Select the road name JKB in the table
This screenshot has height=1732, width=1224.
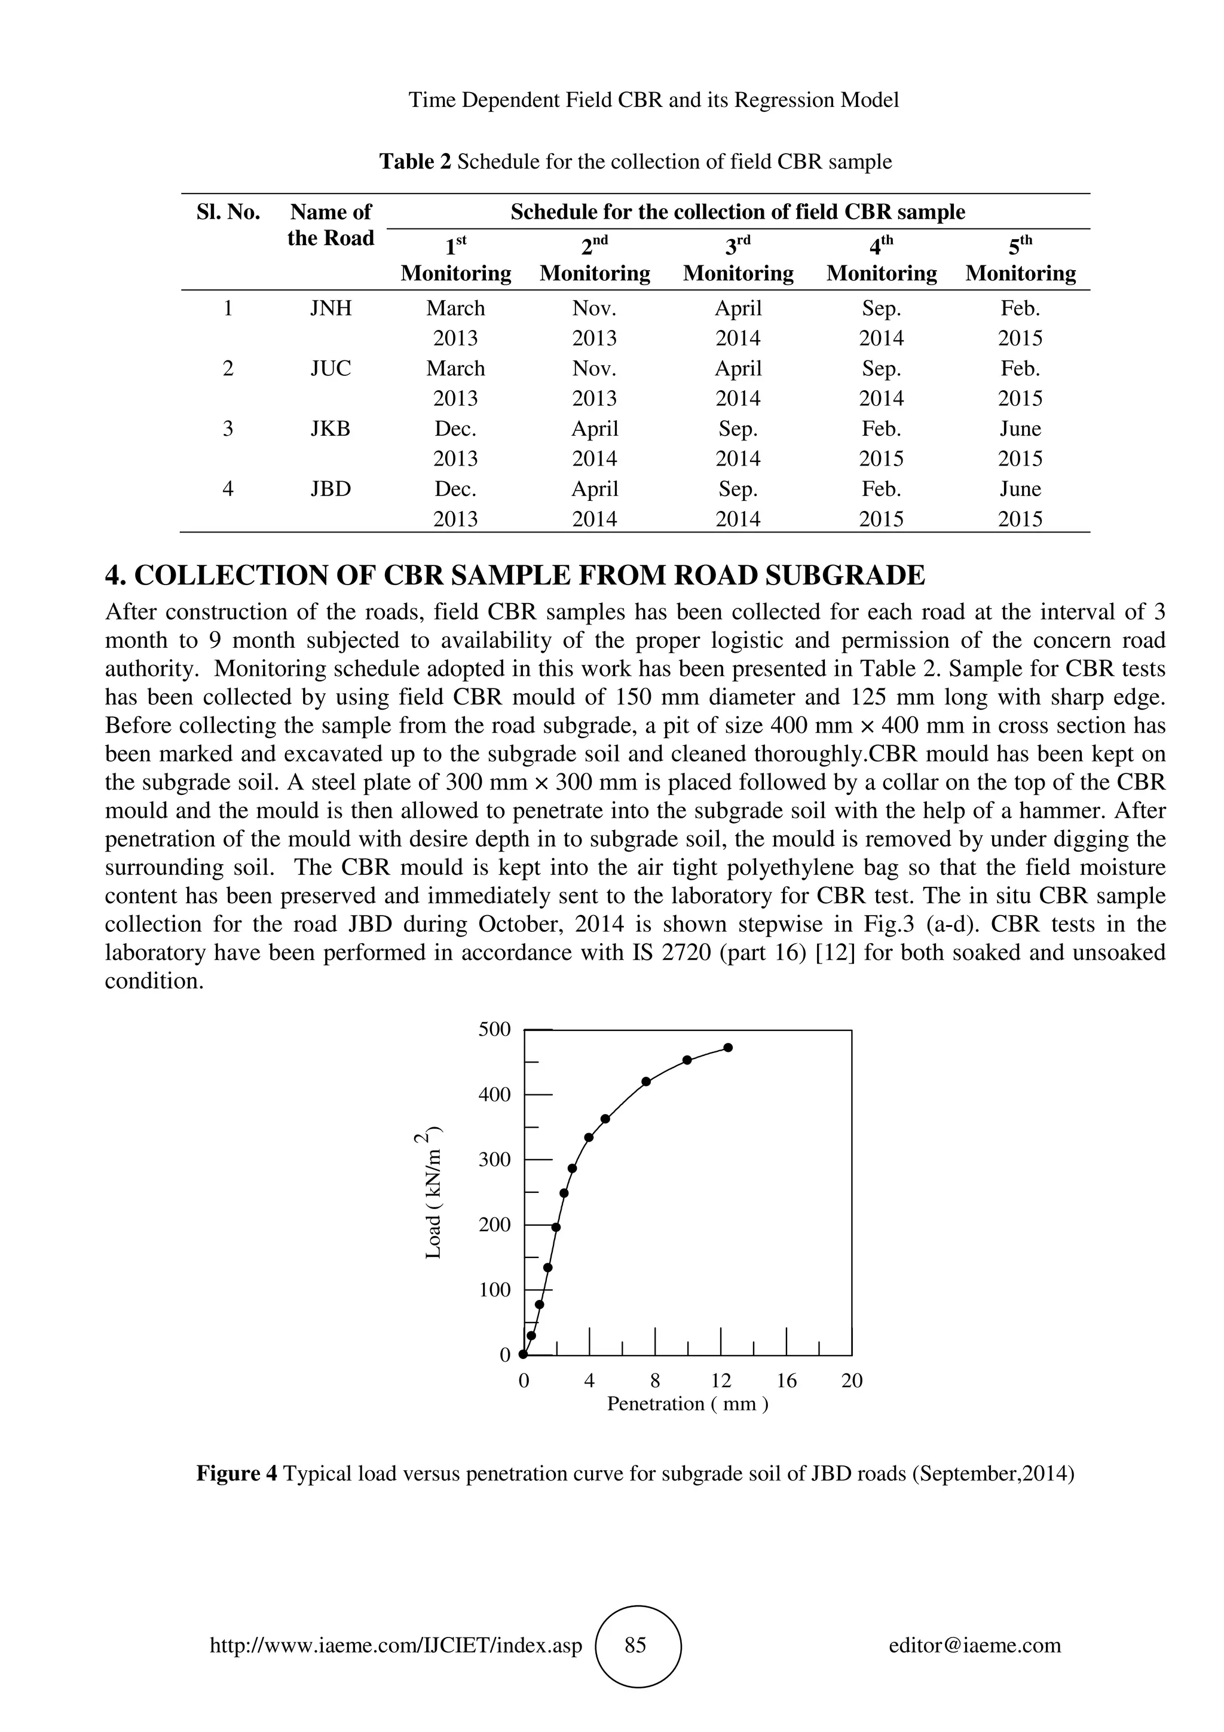pyautogui.click(x=331, y=429)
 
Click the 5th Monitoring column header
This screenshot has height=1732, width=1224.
pyautogui.click(x=1020, y=259)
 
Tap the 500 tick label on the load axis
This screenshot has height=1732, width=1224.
pyautogui.click(x=495, y=1030)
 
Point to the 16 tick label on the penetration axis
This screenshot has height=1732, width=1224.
pyautogui.click(x=786, y=1381)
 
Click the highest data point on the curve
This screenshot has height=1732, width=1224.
pyautogui.click(x=728, y=1048)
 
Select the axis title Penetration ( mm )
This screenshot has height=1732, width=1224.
pyautogui.click(x=687, y=1404)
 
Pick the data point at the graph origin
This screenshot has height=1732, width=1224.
pyautogui.click(x=524, y=1354)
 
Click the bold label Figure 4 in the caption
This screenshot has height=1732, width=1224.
pyautogui.click(x=237, y=1473)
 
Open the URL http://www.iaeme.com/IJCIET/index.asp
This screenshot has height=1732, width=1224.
pyautogui.click(x=396, y=1645)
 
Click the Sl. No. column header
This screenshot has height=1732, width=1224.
pyautogui.click(x=228, y=212)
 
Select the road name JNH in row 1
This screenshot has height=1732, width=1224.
pyautogui.click(x=331, y=308)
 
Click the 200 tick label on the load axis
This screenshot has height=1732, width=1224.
pyautogui.click(x=495, y=1225)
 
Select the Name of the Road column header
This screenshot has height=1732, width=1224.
pyautogui.click(x=331, y=225)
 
